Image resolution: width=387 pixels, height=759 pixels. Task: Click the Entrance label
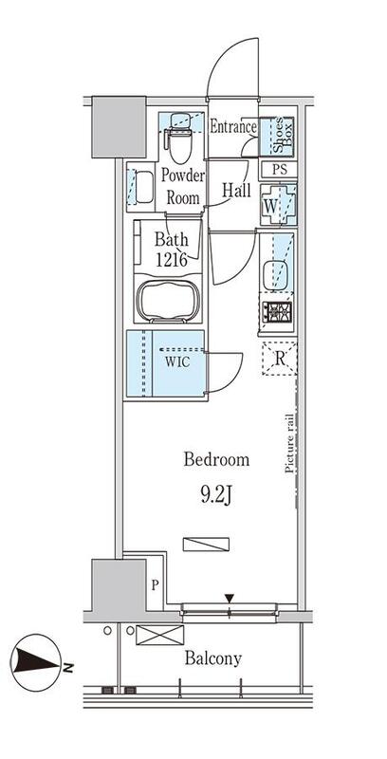tap(233, 127)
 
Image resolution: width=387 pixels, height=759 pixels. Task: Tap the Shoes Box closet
tap(279, 136)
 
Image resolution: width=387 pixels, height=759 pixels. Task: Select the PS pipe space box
tap(279, 172)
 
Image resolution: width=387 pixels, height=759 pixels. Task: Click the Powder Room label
tap(183, 187)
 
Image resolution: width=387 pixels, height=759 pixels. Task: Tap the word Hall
tap(236, 191)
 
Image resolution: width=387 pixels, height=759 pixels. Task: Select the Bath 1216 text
tap(175, 250)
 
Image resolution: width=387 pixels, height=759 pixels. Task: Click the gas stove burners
tap(278, 311)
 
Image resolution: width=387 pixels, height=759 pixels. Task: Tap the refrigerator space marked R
tap(279, 358)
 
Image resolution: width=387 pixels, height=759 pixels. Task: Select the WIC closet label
tap(176, 362)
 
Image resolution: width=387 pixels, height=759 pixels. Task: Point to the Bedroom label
tap(216, 460)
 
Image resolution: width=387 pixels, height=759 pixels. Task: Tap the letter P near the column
tap(154, 586)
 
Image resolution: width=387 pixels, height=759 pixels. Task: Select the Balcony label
tap(212, 657)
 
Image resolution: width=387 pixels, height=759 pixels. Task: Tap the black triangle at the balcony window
tap(229, 598)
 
